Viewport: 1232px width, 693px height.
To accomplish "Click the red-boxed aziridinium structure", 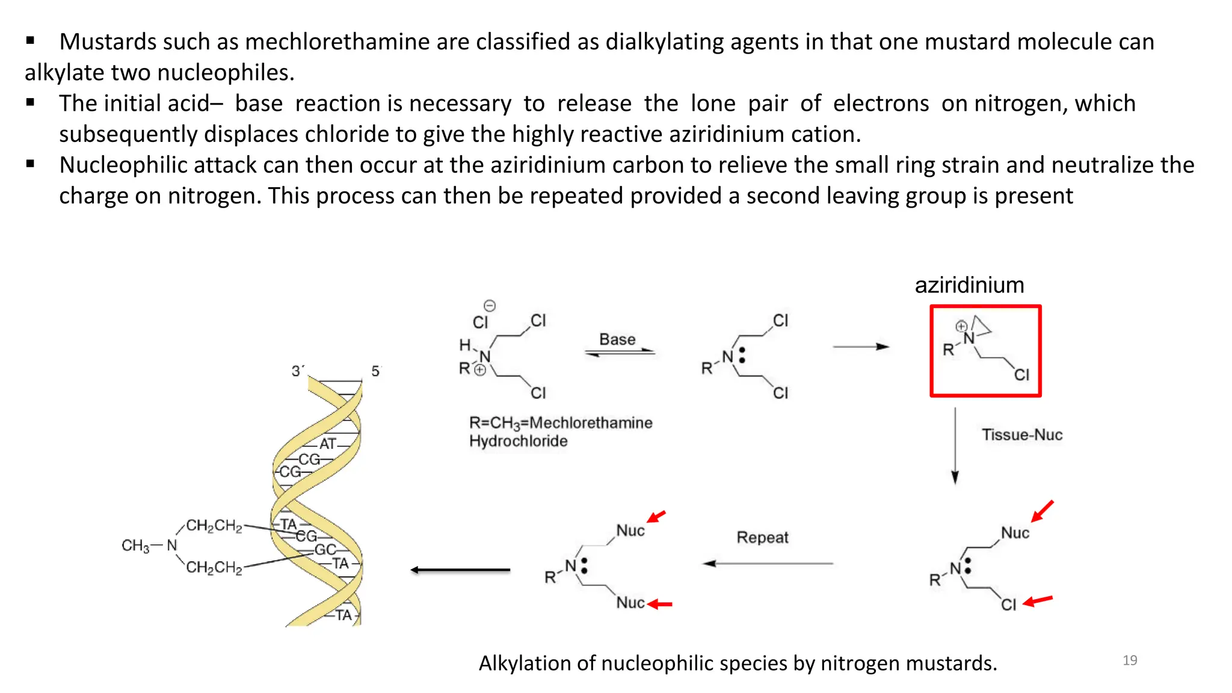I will click(985, 351).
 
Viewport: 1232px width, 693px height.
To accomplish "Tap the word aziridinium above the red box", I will click(969, 285).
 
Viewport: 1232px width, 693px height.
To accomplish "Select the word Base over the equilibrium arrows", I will click(617, 339).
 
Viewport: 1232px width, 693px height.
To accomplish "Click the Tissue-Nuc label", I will click(1022, 434).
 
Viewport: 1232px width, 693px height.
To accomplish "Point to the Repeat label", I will click(762, 537).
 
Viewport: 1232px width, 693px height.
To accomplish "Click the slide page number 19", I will click(1130, 661).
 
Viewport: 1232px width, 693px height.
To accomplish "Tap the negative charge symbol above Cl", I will click(490, 306).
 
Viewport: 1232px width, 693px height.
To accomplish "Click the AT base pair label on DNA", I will click(328, 444).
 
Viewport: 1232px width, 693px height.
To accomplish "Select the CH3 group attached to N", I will click(135, 546).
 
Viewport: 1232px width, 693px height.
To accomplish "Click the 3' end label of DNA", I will click(297, 371).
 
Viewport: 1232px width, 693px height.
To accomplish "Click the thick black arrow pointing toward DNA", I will click(460, 570).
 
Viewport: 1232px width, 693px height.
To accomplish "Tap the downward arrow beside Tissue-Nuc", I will click(955, 445).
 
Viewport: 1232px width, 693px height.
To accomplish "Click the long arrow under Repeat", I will click(768, 564).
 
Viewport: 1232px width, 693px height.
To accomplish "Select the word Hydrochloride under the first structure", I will click(518, 441).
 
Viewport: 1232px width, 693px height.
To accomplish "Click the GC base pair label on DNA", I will click(325, 549).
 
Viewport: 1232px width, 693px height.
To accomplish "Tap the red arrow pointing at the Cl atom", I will click(1038, 600).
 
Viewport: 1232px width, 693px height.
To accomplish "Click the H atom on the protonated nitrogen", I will click(464, 345).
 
